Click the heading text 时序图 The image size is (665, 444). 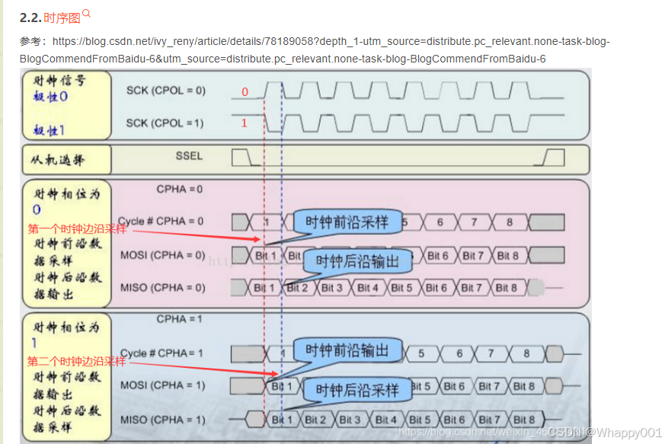(x=62, y=18)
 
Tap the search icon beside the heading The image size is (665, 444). (x=86, y=13)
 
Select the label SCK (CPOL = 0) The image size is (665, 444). (x=165, y=91)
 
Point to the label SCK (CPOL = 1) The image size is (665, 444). (x=165, y=123)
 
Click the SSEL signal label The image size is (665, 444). (x=190, y=155)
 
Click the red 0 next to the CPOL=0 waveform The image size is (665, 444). (x=245, y=92)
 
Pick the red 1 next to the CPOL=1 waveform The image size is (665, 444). (x=245, y=123)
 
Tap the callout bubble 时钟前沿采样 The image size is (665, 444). (x=347, y=222)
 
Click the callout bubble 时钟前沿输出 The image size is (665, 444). (x=347, y=350)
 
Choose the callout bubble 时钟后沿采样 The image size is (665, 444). (x=357, y=391)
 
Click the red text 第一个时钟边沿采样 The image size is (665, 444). (x=77, y=228)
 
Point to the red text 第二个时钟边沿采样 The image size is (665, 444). (x=77, y=361)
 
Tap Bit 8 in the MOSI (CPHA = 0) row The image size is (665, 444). (x=507, y=256)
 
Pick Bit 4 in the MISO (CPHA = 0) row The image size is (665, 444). (x=368, y=288)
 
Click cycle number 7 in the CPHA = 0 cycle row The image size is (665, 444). (x=474, y=222)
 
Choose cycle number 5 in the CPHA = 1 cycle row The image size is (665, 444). (x=421, y=353)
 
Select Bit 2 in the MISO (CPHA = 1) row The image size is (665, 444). (x=315, y=420)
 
